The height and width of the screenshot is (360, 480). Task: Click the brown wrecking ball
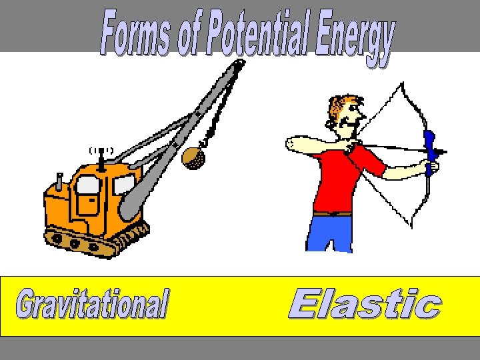[x=193, y=157]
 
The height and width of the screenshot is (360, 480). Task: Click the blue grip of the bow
[x=430, y=151]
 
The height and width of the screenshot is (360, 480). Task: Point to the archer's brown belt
[x=332, y=214]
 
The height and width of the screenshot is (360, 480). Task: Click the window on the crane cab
[x=89, y=187]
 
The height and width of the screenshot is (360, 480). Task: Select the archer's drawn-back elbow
[x=288, y=144]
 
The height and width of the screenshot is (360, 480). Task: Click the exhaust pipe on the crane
[x=59, y=181]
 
